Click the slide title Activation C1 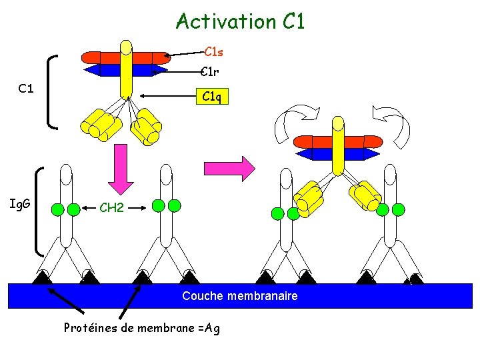click(x=240, y=21)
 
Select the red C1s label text click(x=213, y=51)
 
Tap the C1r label click(x=210, y=72)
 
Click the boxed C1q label click(x=211, y=97)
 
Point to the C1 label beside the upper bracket click(x=27, y=88)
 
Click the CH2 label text click(x=111, y=208)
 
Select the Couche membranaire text click(x=240, y=295)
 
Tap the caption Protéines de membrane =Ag click(x=141, y=327)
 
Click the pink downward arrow click(x=121, y=171)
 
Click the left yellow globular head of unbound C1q click(x=101, y=125)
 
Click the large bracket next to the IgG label click(x=39, y=211)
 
